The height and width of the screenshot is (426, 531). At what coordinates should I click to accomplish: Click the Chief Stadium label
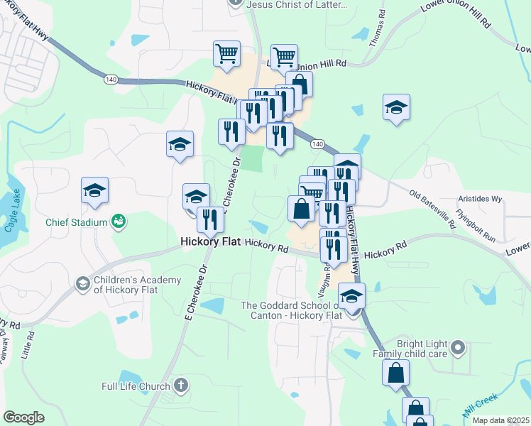(76, 222)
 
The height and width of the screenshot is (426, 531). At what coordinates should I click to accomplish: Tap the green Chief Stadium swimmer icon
(119, 222)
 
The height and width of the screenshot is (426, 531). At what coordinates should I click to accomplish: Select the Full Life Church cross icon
(180, 386)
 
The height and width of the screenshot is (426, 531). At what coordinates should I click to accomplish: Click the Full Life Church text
(135, 387)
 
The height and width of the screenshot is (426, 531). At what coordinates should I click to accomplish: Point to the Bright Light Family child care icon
(458, 348)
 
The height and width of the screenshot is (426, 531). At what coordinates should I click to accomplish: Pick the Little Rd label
(28, 344)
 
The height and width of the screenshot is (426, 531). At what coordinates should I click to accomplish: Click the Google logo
(23, 417)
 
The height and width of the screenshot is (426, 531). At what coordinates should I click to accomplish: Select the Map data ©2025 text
(500, 420)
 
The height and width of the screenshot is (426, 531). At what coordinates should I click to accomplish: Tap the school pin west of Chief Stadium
(94, 191)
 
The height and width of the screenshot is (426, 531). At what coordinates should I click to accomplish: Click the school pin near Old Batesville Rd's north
(396, 109)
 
